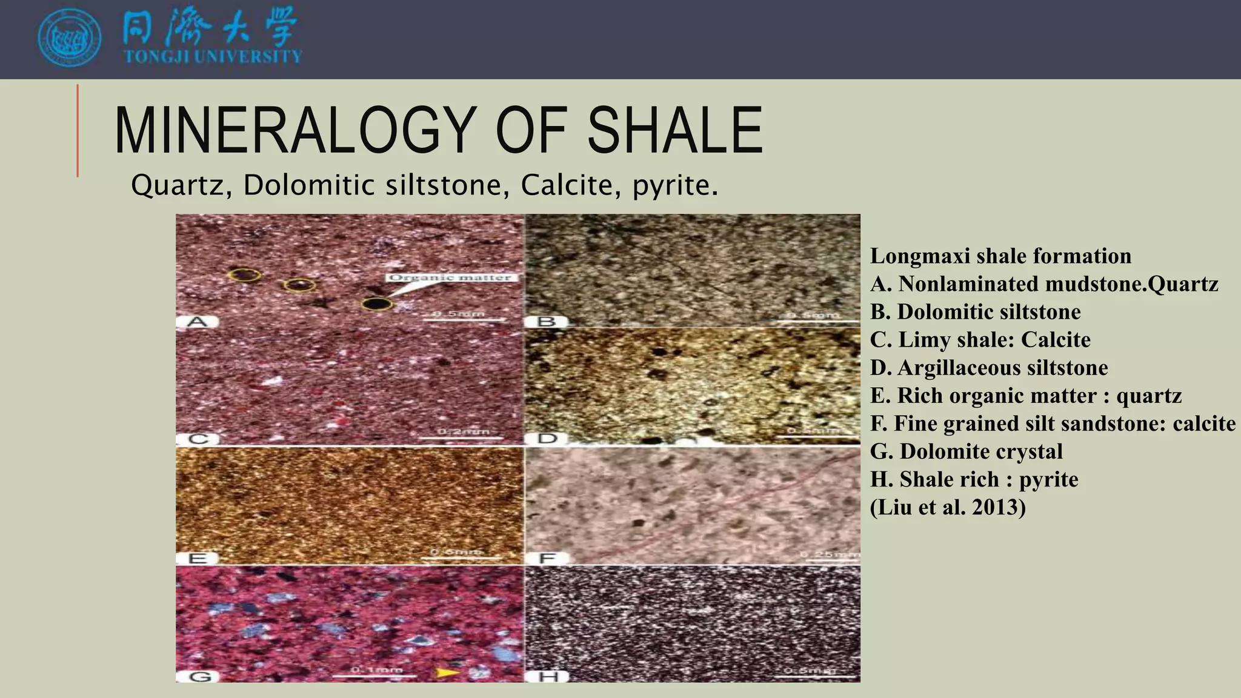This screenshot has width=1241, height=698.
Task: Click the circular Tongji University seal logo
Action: (x=69, y=39)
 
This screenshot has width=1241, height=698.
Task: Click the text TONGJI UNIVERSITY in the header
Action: (x=212, y=57)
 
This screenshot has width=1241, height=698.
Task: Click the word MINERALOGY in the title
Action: (x=293, y=131)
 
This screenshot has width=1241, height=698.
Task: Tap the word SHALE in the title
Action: (x=674, y=131)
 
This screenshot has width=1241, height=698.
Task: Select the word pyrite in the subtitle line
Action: (x=674, y=185)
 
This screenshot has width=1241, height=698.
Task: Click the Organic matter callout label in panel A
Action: (x=450, y=278)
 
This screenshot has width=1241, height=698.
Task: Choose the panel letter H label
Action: (x=547, y=676)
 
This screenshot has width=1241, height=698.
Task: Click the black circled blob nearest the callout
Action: (x=377, y=304)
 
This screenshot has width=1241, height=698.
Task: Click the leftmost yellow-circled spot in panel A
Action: (x=245, y=276)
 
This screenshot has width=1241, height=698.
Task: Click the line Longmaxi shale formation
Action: (x=1000, y=256)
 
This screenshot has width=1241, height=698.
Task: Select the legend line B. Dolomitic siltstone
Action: (x=975, y=311)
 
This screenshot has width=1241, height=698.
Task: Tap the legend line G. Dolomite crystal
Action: (x=966, y=451)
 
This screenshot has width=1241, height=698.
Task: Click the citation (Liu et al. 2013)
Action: (x=948, y=507)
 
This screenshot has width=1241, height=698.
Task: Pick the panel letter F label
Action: (x=547, y=557)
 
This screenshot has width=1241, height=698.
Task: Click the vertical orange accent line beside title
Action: (x=78, y=131)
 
